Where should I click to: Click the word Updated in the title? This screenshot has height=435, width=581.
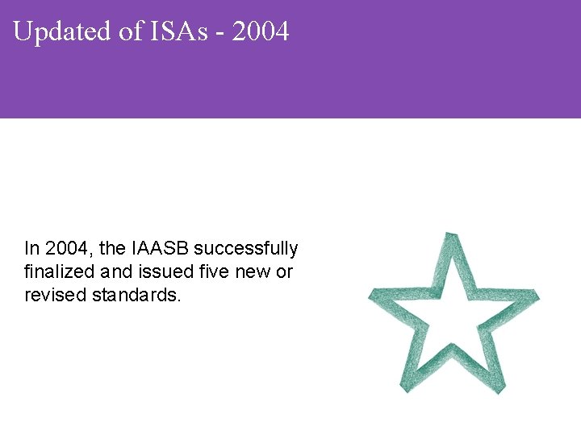(60, 32)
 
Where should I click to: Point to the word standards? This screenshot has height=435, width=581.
(136, 295)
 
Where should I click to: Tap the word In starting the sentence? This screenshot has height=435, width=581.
(31, 248)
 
